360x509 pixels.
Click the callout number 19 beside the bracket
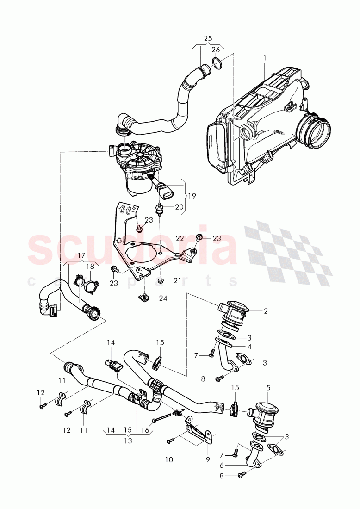click(192, 196)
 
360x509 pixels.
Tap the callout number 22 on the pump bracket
click(180, 238)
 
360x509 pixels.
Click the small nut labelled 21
click(160, 280)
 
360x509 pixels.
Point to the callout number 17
click(81, 255)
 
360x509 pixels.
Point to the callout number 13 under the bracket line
click(128, 441)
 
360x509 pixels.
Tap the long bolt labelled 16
click(162, 417)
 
